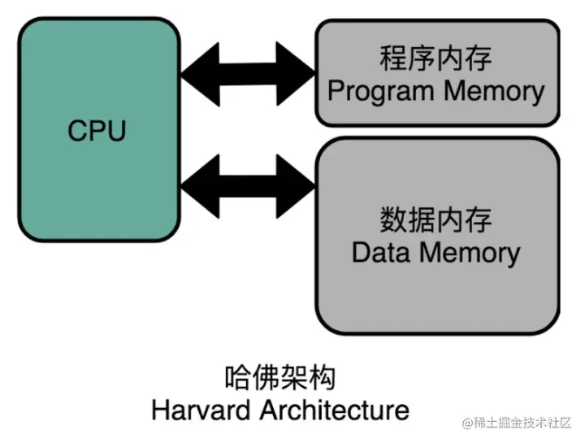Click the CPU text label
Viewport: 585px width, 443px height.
coord(97,130)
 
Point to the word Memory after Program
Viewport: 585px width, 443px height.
coord(490,90)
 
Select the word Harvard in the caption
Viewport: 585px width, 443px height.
coord(202,408)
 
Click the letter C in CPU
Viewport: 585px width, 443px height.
coord(76,130)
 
